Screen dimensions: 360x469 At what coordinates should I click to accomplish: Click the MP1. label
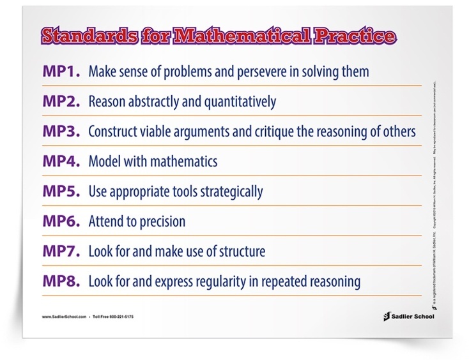pos(61,71)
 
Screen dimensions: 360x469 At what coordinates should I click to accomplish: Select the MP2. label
pos(61,101)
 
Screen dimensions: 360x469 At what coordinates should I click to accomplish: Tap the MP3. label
pos(61,131)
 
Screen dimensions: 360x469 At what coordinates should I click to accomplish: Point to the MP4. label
pos(61,161)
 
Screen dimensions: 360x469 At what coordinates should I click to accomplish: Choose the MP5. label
pos(61,191)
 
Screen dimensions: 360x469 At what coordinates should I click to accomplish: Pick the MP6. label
pos(61,221)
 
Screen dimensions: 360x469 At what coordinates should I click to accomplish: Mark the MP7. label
pos(61,251)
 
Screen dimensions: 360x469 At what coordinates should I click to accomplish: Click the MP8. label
pos(61,281)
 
